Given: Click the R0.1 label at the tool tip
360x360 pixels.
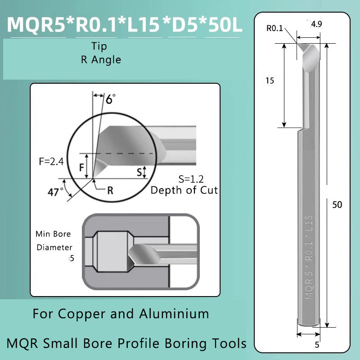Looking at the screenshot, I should tap(275, 28).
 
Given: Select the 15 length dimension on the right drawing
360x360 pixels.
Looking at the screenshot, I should tap(270, 81).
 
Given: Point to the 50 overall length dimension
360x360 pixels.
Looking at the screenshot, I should tap(337, 204).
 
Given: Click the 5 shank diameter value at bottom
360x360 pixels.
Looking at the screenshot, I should tap(317, 345).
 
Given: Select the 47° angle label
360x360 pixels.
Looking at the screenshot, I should tap(55, 192).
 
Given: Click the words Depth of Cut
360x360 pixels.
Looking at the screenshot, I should tap(184, 190).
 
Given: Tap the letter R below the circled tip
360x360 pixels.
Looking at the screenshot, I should tap(110, 190).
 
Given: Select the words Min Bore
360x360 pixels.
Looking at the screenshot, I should tap(53, 234).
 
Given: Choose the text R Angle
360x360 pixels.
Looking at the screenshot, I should tap(101, 59).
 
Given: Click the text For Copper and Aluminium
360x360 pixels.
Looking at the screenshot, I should tap(121, 313).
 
